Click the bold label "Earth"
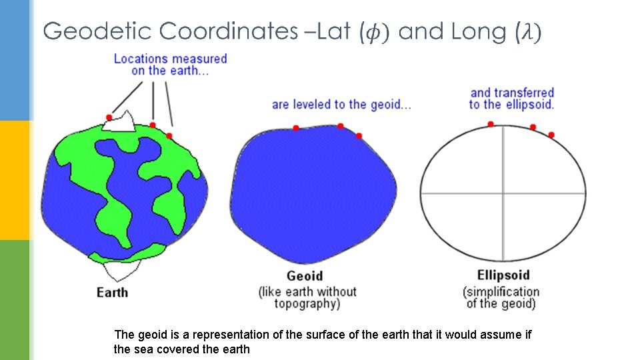(x=112, y=292)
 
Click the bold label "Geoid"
(x=305, y=276)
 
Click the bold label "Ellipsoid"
(x=503, y=275)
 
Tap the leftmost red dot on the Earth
(x=109, y=117)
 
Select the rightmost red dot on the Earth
(x=169, y=136)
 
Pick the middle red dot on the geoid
(x=340, y=126)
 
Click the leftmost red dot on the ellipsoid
(x=491, y=124)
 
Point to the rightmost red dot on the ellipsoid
(x=551, y=135)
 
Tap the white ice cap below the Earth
(x=121, y=269)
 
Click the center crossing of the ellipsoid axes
(x=503, y=194)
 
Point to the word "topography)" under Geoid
(x=307, y=304)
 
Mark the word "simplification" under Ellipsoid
(x=501, y=292)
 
